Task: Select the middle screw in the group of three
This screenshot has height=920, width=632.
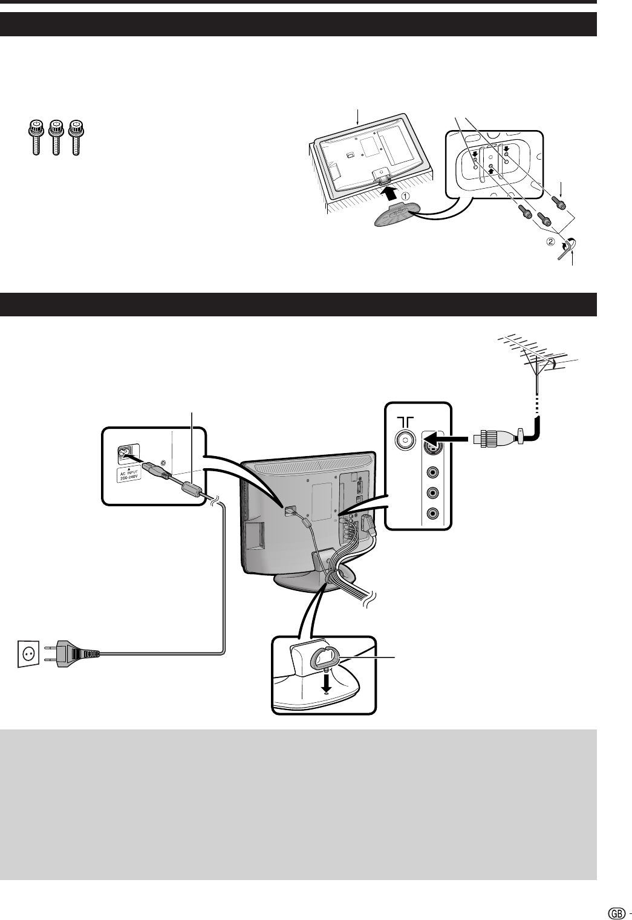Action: pyautogui.click(x=57, y=138)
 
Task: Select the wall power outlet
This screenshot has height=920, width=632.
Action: pyautogui.click(x=28, y=654)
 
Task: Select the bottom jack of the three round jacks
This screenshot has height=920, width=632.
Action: pyautogui.click(x=432, y=514)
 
